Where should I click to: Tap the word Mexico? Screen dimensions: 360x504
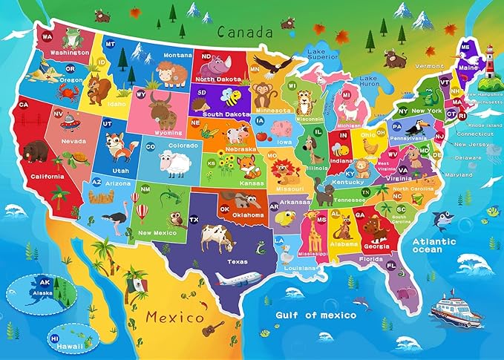[x=174, y=318]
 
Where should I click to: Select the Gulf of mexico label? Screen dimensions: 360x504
[x=315, y=315]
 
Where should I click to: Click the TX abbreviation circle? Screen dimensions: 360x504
[x=194, y=220]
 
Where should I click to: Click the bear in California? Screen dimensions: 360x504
[x=32, y=151]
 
